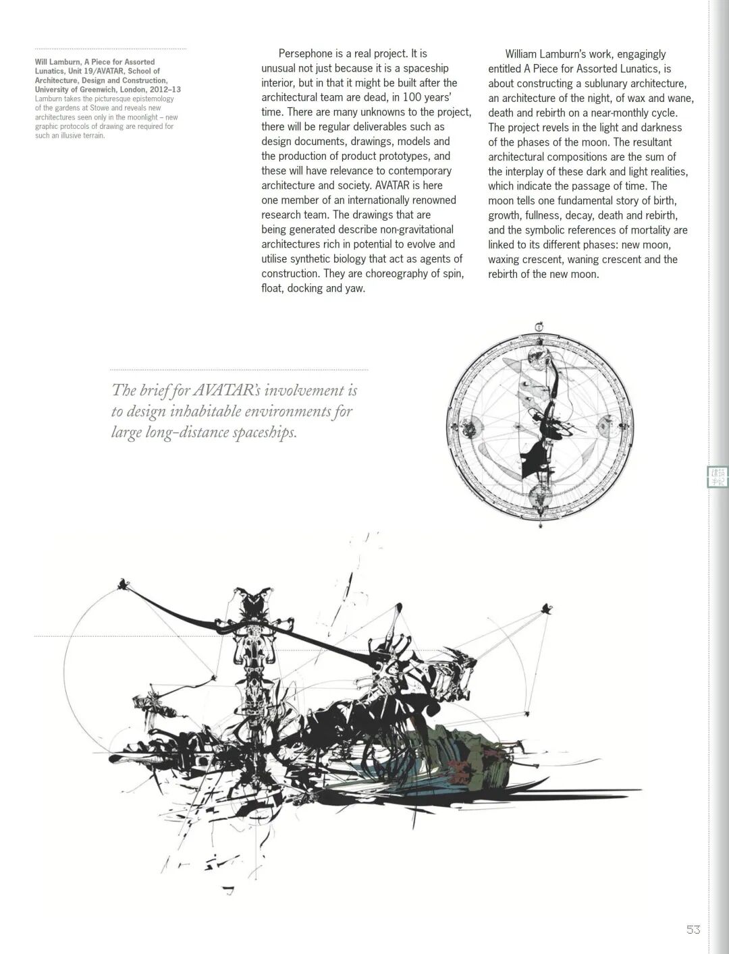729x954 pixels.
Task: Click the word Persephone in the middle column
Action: tap(305, 53)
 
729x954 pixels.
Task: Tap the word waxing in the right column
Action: tap(504, 260)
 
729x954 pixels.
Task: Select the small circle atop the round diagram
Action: tap(539, 327)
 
